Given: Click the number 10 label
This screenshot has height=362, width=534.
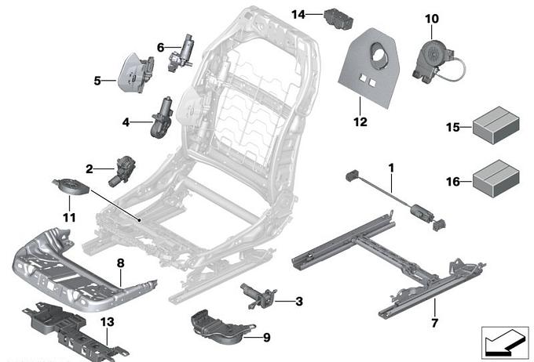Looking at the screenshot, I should point(432,18).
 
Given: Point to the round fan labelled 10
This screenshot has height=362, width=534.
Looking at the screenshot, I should point(433,53).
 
